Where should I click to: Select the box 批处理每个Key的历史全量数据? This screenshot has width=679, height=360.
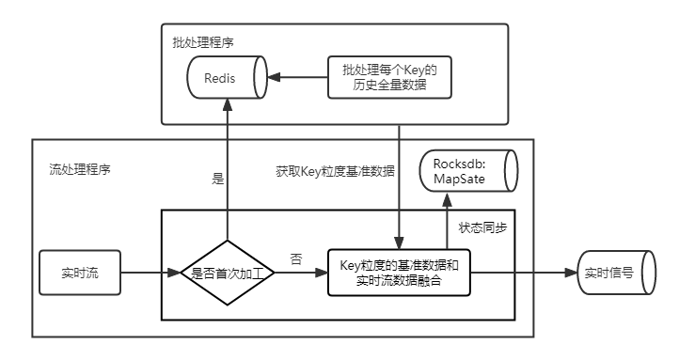pos(391,77)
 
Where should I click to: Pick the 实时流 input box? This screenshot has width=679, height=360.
pos(81,274)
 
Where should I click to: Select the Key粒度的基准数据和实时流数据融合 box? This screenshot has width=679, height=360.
pos(398,274)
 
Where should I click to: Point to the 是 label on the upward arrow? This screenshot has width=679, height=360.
pos(218,179)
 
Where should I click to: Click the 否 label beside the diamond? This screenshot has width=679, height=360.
pos(296,259)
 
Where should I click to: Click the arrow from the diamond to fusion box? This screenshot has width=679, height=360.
pos(300,274)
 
